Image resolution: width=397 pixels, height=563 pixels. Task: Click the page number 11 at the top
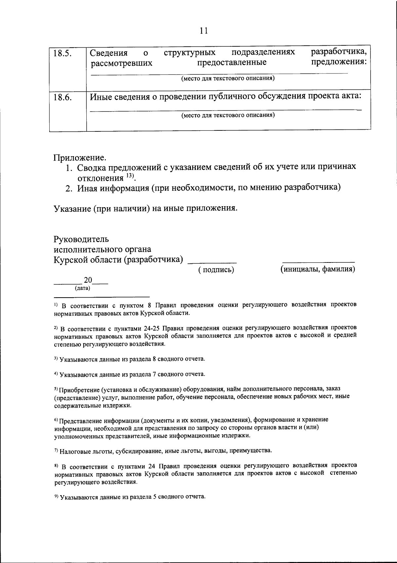(x=204, y=31)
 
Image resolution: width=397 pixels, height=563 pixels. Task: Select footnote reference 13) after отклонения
(x=129, y=176)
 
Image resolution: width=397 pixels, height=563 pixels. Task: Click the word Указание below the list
(x=72, y=208)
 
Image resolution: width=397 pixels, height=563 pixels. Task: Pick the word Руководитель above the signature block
(x=81, y=239)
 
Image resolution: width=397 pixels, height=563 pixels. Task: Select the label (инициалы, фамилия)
(x=318, y=269)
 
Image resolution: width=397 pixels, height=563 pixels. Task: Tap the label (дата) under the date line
(x=82, y=288)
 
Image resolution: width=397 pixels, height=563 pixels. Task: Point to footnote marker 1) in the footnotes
(x=56, y=305)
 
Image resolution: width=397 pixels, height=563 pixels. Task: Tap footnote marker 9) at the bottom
(x=56, y=497)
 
